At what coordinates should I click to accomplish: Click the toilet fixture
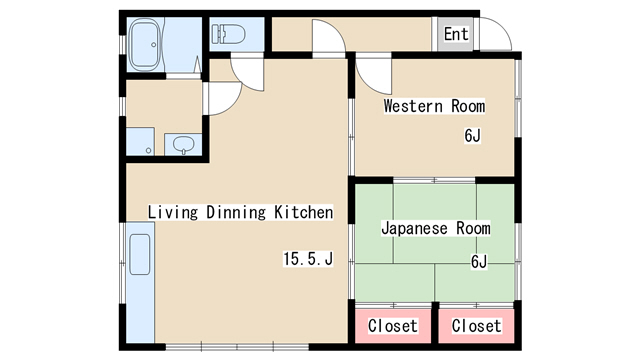(x=229, y=34)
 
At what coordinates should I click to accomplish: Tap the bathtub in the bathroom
(x=145, y=45)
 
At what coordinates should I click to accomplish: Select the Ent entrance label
(x=456, y=34)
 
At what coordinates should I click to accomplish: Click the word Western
(x=413, y=106)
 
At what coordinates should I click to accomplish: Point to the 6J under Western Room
(x=472, y=136)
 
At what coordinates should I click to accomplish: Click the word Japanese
(x=415, y=228)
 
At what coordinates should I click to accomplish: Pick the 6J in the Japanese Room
(x=479, y=261)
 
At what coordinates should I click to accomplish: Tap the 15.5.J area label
(x=308, y=259)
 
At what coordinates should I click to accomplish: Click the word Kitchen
(x=304, y=212)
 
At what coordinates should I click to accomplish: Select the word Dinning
(x=236, y=212)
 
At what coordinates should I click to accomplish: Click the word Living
(x=173, y=212)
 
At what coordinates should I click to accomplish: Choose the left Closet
(x=393, y=326)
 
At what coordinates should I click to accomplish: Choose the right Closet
(x=476, y=326)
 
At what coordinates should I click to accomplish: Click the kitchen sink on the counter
(x=140, y=254)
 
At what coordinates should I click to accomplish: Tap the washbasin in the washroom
(x=183, y=144)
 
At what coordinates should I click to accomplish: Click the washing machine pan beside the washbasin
(x=140, y=141)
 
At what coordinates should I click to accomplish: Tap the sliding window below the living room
(x=237, y=347)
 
